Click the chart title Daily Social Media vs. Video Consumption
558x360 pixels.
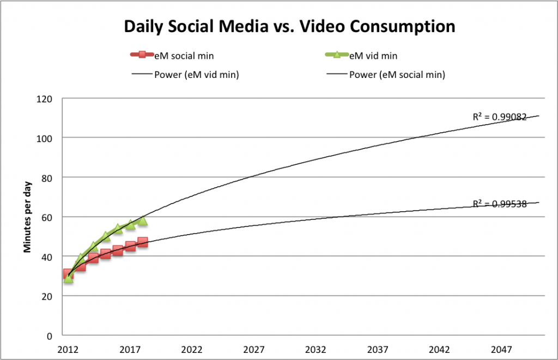pyautogui.click(x=289, y=26)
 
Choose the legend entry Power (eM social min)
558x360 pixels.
pyautogui.click(x=397, y=75)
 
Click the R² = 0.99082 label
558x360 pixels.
pyautogui.click(x=499, y=117)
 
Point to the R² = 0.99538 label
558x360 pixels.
pyautogui.click(x=499, y=205)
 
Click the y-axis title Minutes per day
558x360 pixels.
pyautogui.click(x=26, y=216)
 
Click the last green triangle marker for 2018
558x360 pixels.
pyautogui.click(x=142, y=221)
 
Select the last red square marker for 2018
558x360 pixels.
pyautogui.click(x=142, y=242)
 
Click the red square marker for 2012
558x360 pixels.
pyautogui.click(x=68, y=274)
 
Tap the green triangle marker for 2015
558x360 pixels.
pyautogui.click(x=106, y=236)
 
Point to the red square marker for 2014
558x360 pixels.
pyautogui.click(x=93, y=258)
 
